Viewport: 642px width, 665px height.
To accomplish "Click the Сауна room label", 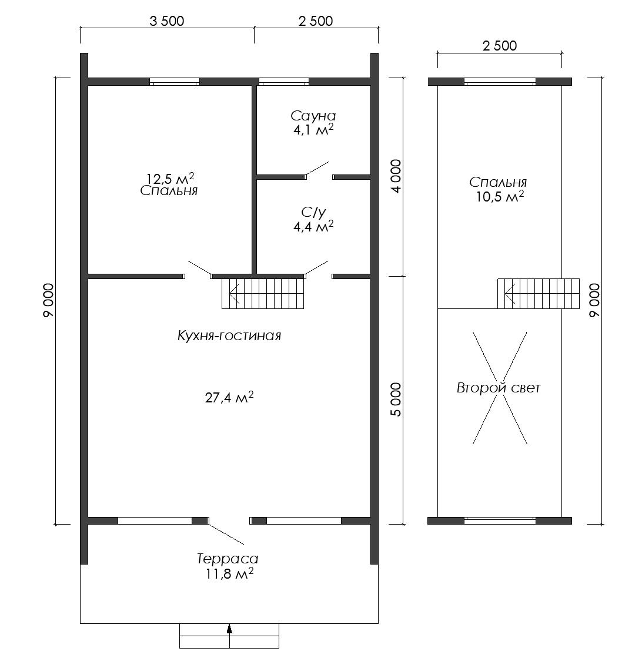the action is (313, 116).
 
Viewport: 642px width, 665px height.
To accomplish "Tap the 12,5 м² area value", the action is (170, 177).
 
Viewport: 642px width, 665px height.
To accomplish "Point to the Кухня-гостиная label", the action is (229, 336).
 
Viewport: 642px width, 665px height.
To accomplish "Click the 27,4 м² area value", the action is (229, 397).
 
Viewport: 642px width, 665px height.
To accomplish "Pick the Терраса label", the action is (228, 559).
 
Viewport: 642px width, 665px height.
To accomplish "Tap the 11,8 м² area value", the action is (229, 574).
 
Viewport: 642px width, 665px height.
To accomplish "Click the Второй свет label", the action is (499, 388).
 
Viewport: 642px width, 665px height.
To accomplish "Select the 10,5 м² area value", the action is (500, 197).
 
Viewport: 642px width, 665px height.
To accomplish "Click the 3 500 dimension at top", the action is (167, 21).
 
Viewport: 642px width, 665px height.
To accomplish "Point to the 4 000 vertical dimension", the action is (396, 176).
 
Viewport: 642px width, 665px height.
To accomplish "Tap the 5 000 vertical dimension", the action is (396, 399).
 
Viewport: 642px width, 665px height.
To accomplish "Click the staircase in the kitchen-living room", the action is (263, 294).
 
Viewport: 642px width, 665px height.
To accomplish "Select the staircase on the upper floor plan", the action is (539, 294).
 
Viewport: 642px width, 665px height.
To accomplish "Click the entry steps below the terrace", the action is (229, 636).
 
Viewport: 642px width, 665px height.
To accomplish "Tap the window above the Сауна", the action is (284, 82).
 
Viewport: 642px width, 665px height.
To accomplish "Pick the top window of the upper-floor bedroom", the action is (500, 82).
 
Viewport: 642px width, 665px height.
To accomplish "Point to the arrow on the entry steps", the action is (229, 630).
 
